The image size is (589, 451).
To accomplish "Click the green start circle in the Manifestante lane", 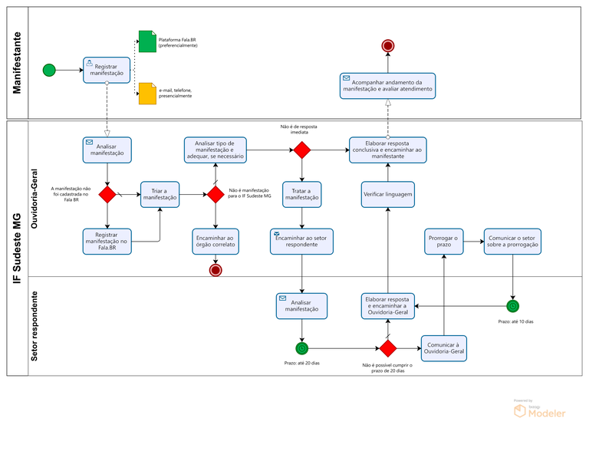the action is pos(49,70).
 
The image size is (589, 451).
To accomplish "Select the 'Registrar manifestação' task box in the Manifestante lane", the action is pos(107,70).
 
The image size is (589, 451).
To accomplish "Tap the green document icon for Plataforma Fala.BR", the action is pos(147,41).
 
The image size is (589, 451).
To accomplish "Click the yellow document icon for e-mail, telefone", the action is pos(147,94).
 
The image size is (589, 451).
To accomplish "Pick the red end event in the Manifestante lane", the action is pos(388,46).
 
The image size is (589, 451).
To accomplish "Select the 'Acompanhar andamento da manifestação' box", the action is pos(387,86).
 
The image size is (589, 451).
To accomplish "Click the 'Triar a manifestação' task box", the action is pos(160,194).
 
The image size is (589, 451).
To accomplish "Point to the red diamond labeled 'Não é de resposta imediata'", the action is pos(302,150).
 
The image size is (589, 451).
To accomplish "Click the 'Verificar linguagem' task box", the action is pos(388,194).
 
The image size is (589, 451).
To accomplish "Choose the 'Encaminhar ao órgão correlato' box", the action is pos(216,242).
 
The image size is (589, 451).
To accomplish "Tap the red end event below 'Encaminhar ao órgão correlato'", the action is pos(216,270).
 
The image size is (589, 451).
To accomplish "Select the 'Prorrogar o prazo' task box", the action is pos(443,242).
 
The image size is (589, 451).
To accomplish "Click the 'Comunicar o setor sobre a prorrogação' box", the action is pos(512,242).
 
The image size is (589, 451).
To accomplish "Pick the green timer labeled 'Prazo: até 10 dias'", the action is pos(513,306).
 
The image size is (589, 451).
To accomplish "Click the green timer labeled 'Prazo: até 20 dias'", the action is pos(302,348).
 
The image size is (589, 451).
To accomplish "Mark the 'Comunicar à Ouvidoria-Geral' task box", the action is pos(444,348).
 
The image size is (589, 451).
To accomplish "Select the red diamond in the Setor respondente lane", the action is pos(388,348).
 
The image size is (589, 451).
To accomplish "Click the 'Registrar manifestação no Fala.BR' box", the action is pos(107,242).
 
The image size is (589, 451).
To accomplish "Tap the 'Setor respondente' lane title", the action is pos(35,326).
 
